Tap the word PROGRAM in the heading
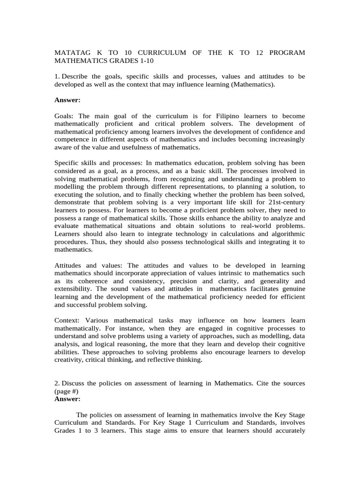tap(288, 52)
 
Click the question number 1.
tap(56, 76)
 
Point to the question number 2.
tap(56, 383)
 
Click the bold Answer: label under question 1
tap(67, 100)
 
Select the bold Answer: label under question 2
tap(67, 399)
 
